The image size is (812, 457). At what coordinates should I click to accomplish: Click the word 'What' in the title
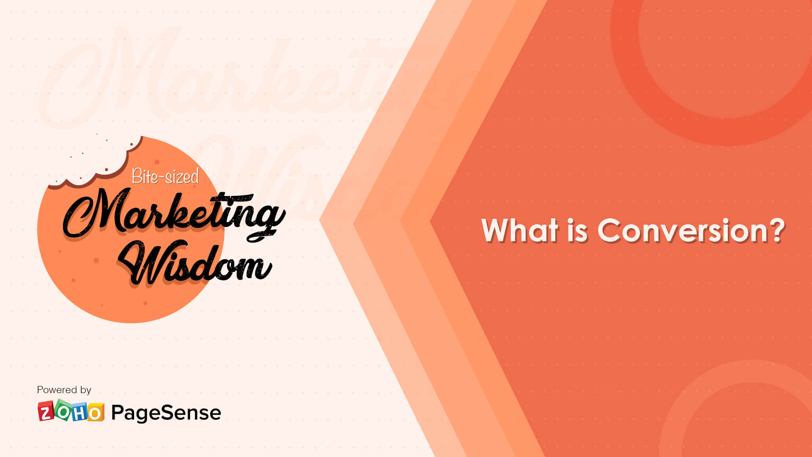tap(520, 231)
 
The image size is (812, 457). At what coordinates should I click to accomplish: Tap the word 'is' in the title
tap(577, 231)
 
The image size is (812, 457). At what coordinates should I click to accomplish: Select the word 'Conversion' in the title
tap(682, 231)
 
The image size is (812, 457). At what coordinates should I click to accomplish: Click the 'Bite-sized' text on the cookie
tap(165, 176)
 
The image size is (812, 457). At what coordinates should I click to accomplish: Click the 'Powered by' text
tap(64, 390)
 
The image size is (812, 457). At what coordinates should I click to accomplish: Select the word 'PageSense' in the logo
tap(166, 413)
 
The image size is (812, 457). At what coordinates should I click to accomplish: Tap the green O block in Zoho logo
tap(63, 410)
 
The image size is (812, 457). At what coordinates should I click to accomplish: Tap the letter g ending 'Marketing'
tap(266, 220)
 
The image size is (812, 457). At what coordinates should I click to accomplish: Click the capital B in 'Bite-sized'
tap(137, 176)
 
